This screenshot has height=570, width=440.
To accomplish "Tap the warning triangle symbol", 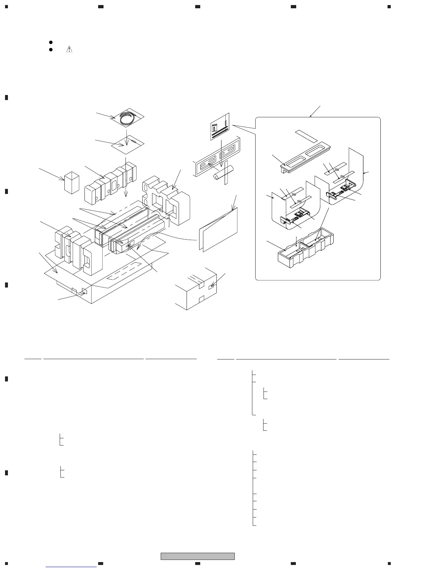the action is coord(69,50).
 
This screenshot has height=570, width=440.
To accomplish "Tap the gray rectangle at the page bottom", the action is coord(197,556).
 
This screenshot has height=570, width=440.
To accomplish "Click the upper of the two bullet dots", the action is coord(51,42).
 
